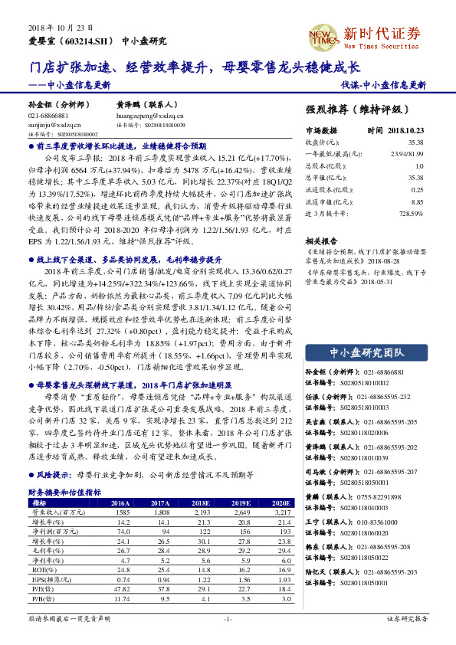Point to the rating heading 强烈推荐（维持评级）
(363, 110)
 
